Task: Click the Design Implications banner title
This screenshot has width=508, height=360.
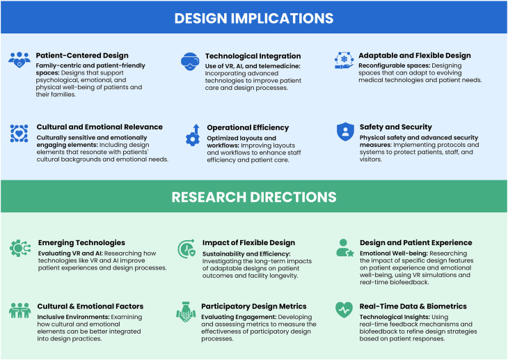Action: click(254, 17)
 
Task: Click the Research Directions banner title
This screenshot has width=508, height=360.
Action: click(254, 197)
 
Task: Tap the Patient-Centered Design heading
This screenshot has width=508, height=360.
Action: click(82, 56)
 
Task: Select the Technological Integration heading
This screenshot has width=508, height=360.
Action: click(253, 56)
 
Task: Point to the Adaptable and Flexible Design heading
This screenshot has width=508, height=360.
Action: click(415, 56)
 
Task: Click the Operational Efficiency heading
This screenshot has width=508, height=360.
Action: click(248, 127)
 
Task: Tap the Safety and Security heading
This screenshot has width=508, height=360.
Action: click(396, 127)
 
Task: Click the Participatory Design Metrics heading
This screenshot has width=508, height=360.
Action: click(254, 306)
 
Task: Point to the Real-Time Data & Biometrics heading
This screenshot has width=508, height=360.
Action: click(413, 306)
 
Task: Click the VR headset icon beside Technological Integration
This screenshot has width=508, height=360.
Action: click(189, 60)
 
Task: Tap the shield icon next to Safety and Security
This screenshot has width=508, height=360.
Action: click(345, 132)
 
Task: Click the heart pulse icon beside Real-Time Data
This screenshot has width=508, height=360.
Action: click(344, 309)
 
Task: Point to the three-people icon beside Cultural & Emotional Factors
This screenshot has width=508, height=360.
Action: click(19, 310)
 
